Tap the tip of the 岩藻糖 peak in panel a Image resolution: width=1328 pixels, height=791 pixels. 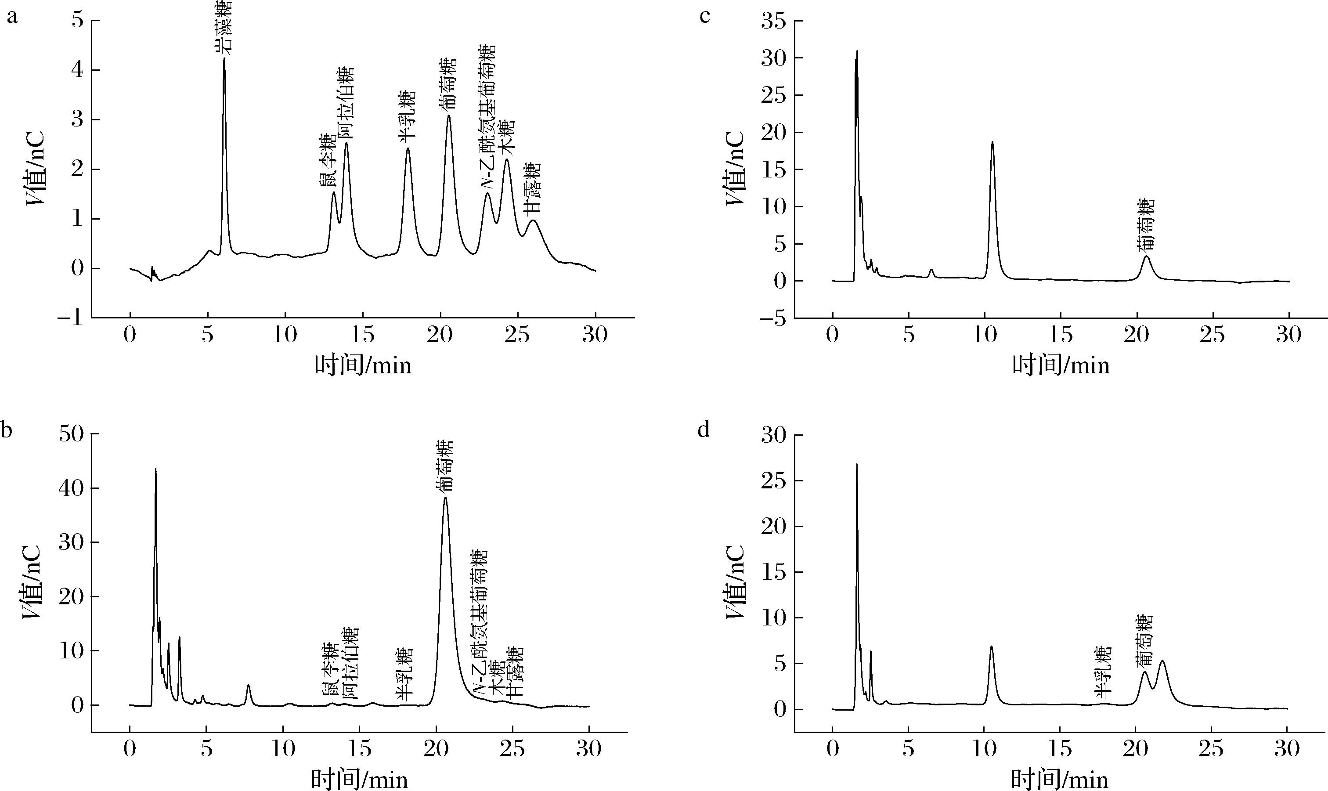tap(224, 58)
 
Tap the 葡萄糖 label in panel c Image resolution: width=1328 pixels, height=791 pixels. tap(1146, 224)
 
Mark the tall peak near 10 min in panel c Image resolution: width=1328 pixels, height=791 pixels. tap(992, 142)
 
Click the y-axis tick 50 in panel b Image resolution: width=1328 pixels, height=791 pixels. tap(71, 434)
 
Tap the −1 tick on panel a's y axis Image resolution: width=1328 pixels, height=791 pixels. tap(71, 318)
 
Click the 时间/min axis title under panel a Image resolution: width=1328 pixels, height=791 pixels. tap(363, 366)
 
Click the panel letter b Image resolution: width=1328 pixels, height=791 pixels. tap(7, 430)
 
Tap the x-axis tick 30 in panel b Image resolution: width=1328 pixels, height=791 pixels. tap(589, 749)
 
